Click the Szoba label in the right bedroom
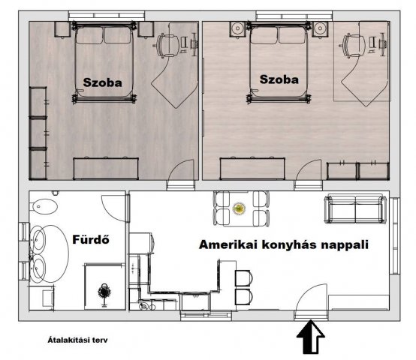278,78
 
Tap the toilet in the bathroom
45,208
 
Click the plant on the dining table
240,208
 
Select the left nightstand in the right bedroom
237,29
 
